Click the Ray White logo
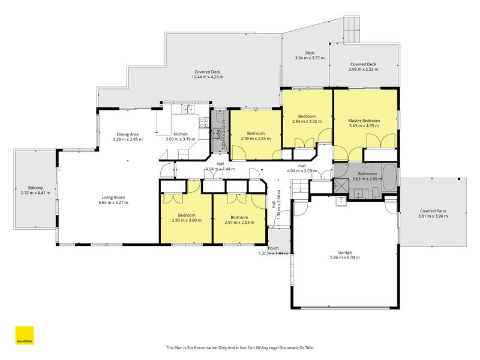coord(24,335)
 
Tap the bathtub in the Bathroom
coord(389,178)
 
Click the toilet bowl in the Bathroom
coord(374,192)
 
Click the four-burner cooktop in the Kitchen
coord(203,122)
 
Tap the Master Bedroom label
coord(364,121)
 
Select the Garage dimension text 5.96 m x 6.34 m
coord(344,257)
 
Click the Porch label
coord(274,248)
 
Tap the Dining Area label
coord(128,134)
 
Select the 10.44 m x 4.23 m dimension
coord(207,77)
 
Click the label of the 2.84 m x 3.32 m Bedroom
coord(307,116)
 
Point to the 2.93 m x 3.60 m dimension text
coord(186,221)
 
